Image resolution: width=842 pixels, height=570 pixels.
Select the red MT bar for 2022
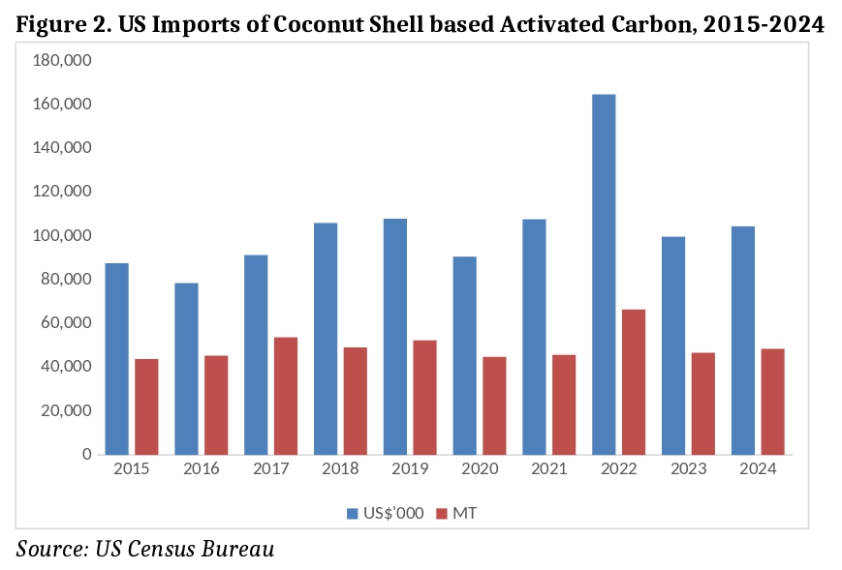point(634,381)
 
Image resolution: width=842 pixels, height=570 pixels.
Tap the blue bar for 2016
point(186,368)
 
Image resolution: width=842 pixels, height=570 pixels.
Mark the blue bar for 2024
point(743,340)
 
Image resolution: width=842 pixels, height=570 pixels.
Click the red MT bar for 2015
point(146,406)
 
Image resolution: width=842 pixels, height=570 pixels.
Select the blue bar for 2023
point(673,345)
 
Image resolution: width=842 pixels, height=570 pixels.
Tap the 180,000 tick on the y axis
point(63,60)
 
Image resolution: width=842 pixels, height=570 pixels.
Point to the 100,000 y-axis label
point(63,235)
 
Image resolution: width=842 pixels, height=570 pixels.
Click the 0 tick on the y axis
point(86,454)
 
